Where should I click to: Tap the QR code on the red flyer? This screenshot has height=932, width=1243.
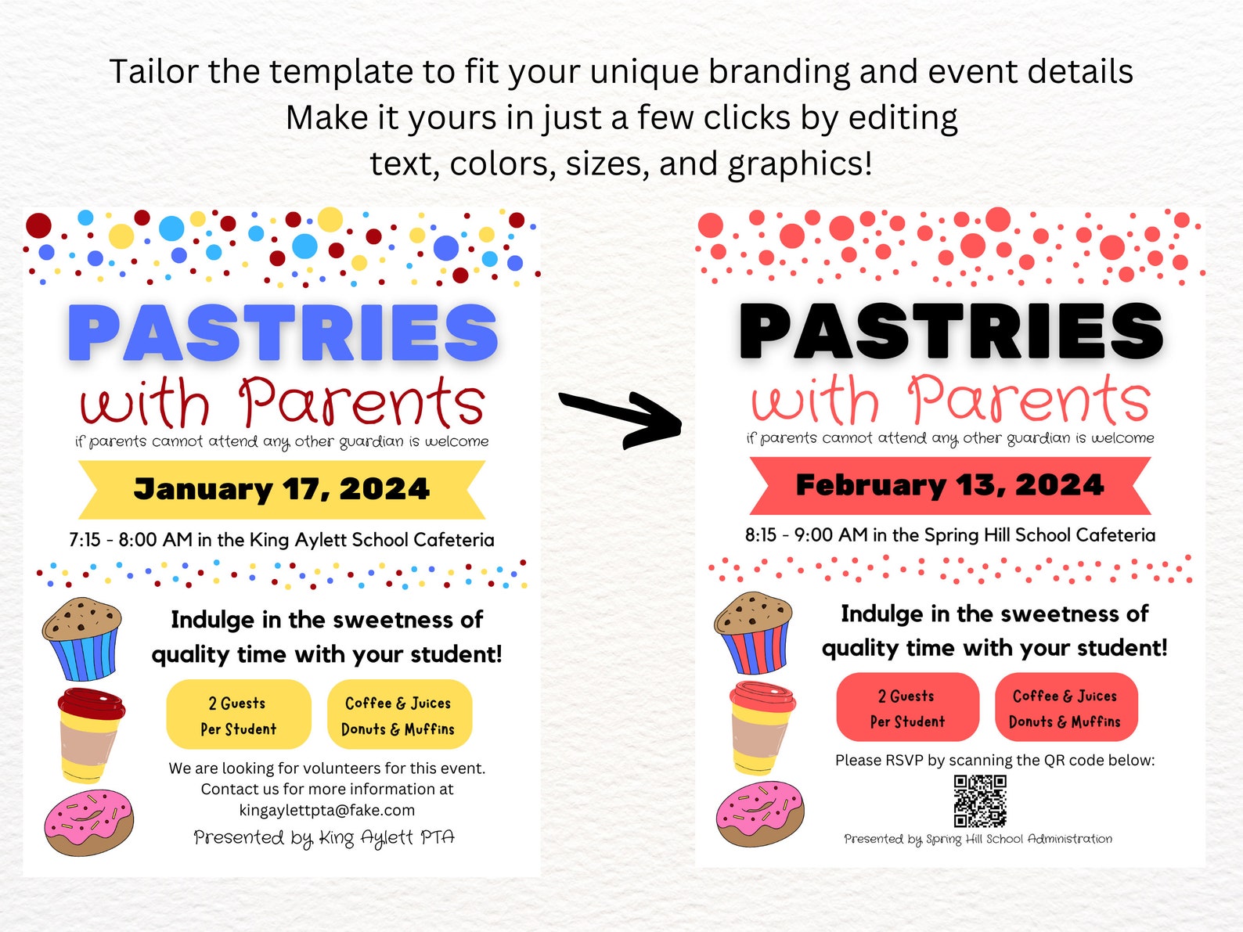979,801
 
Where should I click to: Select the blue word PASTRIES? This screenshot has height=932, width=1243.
283,333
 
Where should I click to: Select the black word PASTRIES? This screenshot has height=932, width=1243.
950,331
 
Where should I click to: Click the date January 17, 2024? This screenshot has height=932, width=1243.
282,489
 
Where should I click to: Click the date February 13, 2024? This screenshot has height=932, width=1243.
949,485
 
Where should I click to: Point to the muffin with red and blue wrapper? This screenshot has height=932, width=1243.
753,632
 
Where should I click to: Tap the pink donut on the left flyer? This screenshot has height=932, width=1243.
88,822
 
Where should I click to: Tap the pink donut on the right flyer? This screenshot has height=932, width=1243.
759,813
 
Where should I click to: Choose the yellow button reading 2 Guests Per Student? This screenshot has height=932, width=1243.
238,715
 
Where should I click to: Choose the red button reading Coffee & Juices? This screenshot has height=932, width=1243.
1065,707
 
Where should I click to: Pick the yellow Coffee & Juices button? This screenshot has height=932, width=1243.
398,715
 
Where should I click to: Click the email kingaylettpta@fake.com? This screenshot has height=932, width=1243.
327,810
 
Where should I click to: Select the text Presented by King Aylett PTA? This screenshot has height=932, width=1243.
324,837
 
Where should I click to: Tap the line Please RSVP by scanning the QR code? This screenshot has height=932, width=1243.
994,760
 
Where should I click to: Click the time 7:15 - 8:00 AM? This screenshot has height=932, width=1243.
130,540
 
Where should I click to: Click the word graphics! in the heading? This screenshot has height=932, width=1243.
799,164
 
